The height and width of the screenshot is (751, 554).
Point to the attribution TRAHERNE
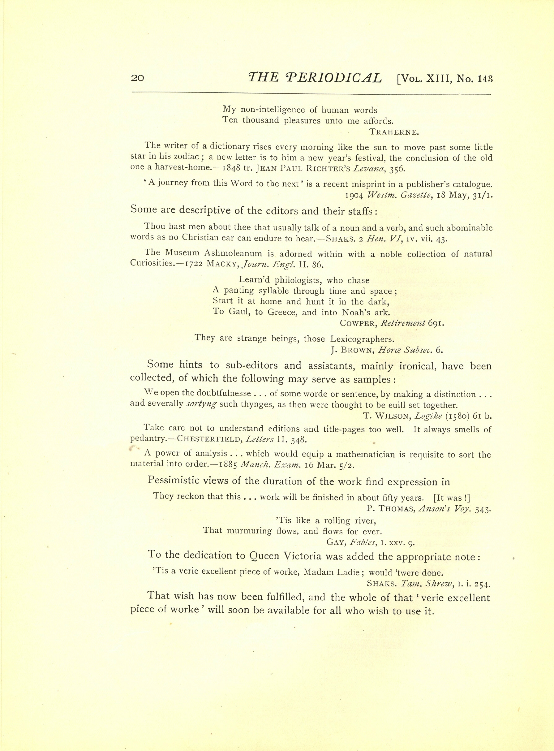[x=394, y=132]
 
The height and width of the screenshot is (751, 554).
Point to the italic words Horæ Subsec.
[x=405, y=351]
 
